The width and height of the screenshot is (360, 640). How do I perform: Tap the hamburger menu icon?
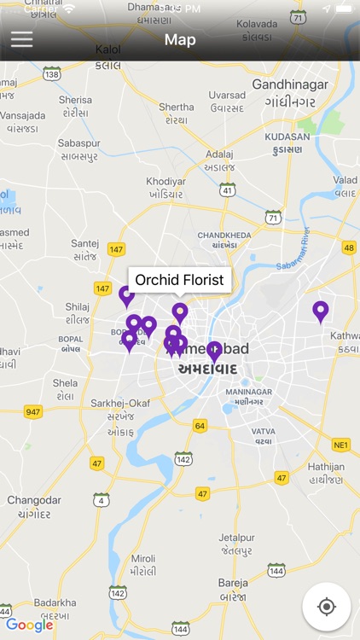click(x=22, y=39)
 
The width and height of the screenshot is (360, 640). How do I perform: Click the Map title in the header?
click(x=180, y=40)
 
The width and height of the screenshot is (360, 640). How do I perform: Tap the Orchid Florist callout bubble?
click(x=179, y=280)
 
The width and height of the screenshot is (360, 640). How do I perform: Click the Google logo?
click(x=29, y=625)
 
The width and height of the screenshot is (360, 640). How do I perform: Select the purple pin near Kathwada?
click(x=321, y=311)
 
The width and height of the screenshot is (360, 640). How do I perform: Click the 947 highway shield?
click(x=33, y=412)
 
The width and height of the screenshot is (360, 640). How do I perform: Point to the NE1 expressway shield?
click(x=341, y=445)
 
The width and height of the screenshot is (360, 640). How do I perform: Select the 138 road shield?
click(x=52, y=75)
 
